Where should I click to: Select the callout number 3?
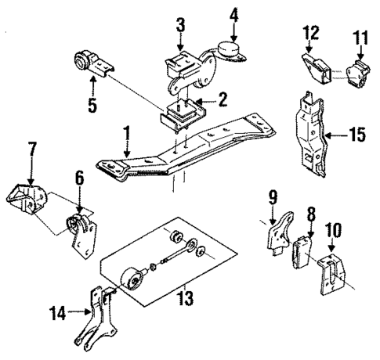click(180, 25)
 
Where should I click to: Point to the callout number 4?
click(233, 14)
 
